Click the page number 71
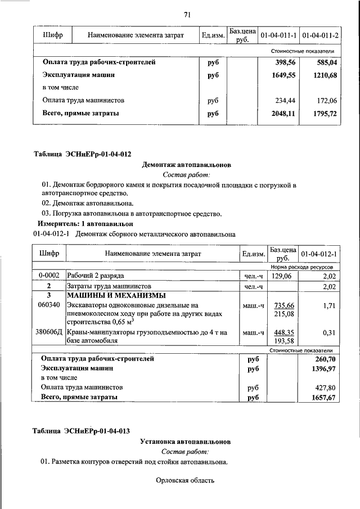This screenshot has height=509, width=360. click(x=187, y=15)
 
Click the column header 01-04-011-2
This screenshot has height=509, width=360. click(x=320, y=35)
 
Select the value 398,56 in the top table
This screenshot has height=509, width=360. click(x=283, y=62)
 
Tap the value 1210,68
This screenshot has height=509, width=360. click(x=322, y=75)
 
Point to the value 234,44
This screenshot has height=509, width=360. click(x=285, y=100)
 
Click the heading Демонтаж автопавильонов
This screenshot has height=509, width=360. click(x=186, y=165)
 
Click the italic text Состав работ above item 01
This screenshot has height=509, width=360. click(x=186, y=175)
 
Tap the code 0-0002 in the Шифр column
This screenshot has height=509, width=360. click(x=49, y=276)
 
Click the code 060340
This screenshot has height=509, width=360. click(x=49, y=305)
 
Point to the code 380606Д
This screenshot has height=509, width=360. click(x=49, y=333)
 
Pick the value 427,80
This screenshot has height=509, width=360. click(x=324, y=388)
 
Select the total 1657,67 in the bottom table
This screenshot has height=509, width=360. click(x=323, y=398)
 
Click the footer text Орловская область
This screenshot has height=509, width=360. click(x=186, y=480)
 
